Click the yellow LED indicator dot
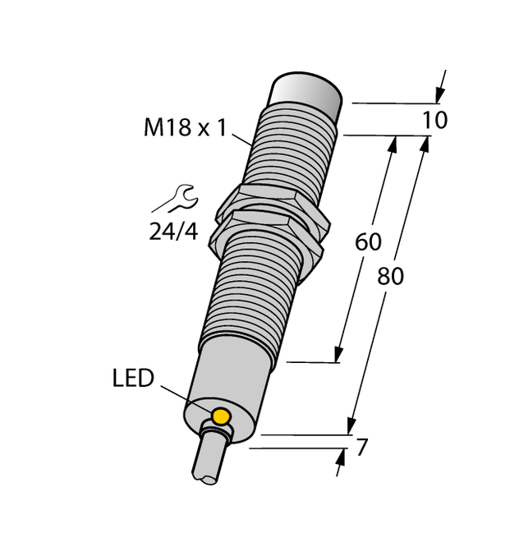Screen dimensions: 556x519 (x=220, y=416)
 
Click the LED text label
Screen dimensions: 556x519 (x=133, y=379)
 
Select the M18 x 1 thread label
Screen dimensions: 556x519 (x=185, y=127)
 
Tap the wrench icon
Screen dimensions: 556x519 (x=177, y=198)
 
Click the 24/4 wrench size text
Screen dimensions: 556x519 (x=173, y=232)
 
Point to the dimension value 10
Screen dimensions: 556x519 (x=434, y=121)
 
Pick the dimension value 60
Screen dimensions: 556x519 (x=368, y=242)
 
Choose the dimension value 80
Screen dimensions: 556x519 (x=390, y=277)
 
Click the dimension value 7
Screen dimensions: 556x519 (x=361, y=448)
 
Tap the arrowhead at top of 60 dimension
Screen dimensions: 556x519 (x=393, y=145)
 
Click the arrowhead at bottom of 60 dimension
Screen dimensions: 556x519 (x=338, y=354)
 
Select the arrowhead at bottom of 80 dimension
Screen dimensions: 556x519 (x=351, y=426)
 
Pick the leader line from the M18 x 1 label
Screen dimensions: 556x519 (x=244, y=138)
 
